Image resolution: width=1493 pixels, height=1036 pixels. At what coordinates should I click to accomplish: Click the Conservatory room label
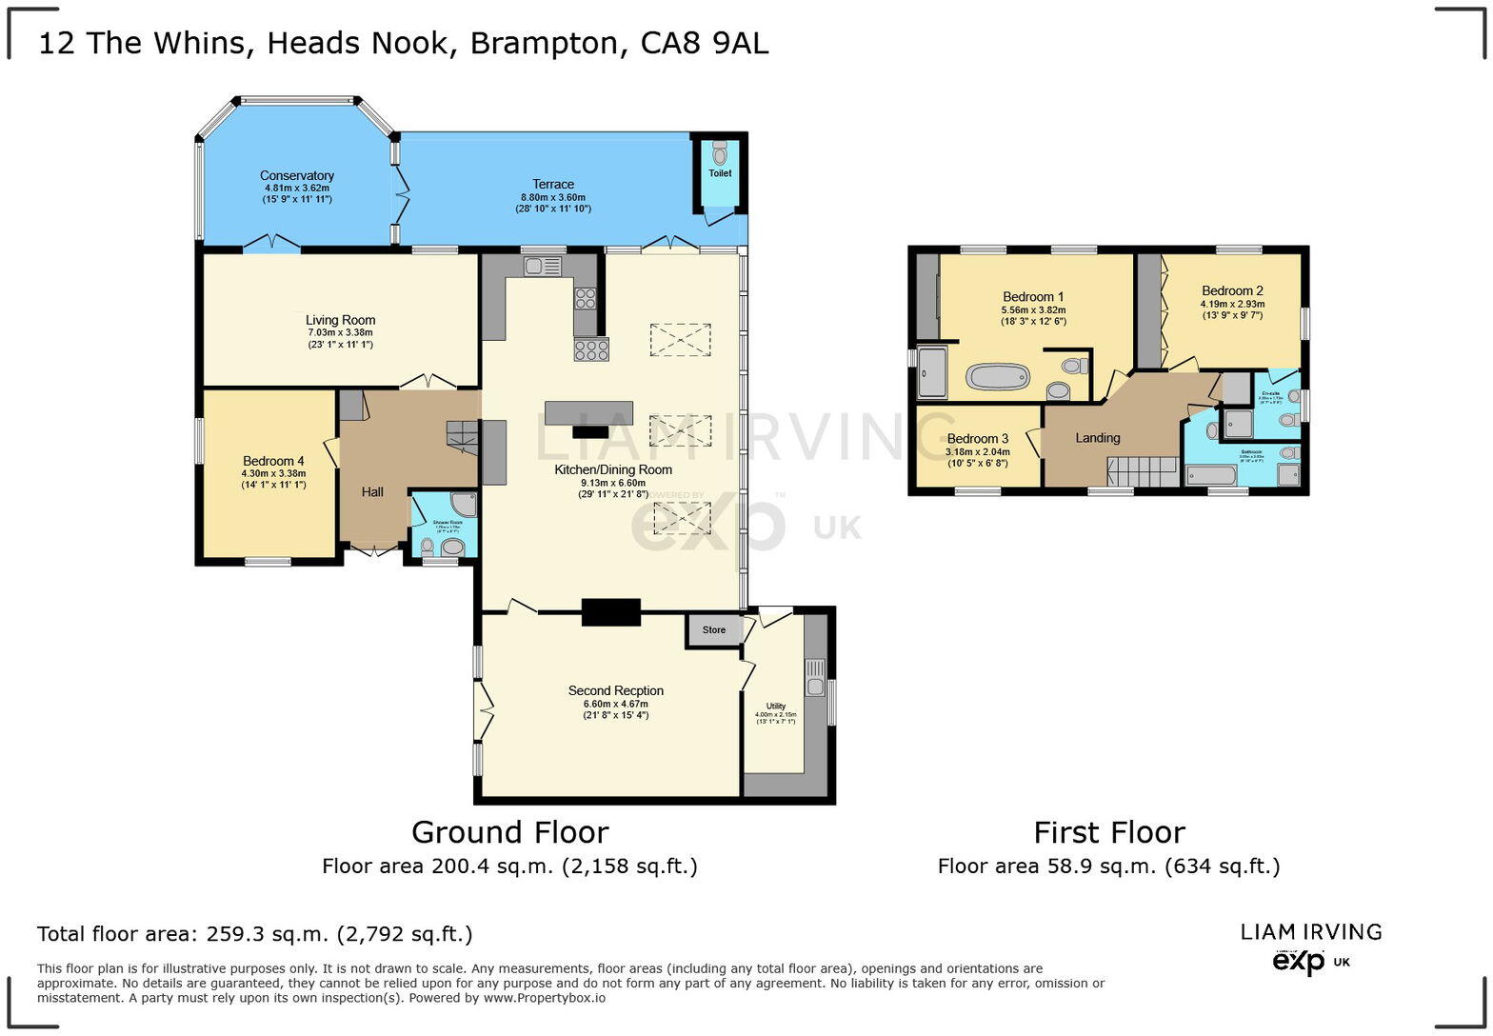(x=297, y=176)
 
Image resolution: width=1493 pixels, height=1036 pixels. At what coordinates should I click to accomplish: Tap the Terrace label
(x=552, y=185)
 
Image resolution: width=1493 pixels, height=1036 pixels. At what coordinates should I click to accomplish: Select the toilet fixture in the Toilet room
(x=719, y=152)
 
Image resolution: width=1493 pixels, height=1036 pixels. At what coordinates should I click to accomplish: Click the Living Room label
(x=340, y=321)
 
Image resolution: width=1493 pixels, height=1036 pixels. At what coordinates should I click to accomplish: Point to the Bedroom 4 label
(x=273, y=462)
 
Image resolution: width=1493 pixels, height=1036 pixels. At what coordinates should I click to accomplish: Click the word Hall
(x=372, y=492)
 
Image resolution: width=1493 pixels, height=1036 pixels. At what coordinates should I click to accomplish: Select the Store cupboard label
(x=713, y=630)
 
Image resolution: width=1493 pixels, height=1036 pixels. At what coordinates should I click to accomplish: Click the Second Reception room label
(x=615, y=691)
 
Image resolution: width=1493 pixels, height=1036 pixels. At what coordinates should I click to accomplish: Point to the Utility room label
(x=775, y=707)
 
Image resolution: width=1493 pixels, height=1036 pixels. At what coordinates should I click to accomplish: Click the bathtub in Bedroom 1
(x=998, y=377)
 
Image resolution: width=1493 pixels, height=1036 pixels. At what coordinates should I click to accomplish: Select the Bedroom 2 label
(x=1232, y=291)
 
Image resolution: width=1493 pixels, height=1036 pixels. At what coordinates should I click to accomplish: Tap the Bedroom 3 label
(x=977, y=440)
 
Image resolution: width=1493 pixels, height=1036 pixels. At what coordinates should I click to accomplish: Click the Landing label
(x=1097, y=438)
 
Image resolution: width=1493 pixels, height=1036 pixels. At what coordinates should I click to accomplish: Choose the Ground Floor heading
(x=509, y=833)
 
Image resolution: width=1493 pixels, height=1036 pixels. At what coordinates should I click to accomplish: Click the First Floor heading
(x=1108, y=833)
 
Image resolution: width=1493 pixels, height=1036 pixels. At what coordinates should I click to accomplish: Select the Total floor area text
(x=254, y=934)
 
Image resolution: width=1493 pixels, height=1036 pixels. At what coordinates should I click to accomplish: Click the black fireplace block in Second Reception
(x=610, y=612)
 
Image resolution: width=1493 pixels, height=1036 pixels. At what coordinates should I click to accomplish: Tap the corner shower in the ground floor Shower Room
(x=463, y=505)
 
